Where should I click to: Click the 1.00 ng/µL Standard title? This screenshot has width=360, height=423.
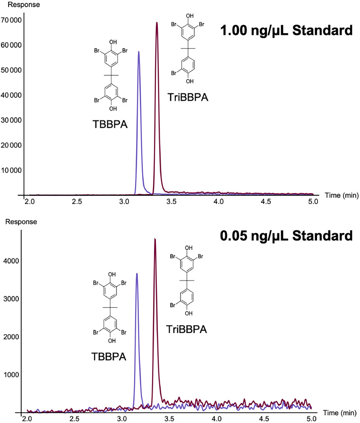click(287, 32)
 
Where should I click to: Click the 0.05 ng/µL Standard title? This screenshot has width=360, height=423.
click(287, 235)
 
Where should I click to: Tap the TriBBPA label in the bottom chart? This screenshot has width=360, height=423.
click(186, 329)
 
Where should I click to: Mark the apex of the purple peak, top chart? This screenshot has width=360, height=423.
click(138, 51)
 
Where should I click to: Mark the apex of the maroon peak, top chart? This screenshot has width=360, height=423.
click(157, 22)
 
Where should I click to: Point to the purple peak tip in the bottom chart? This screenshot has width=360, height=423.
click(137, 273)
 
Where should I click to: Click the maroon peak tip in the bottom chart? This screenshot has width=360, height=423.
click(155, 239)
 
